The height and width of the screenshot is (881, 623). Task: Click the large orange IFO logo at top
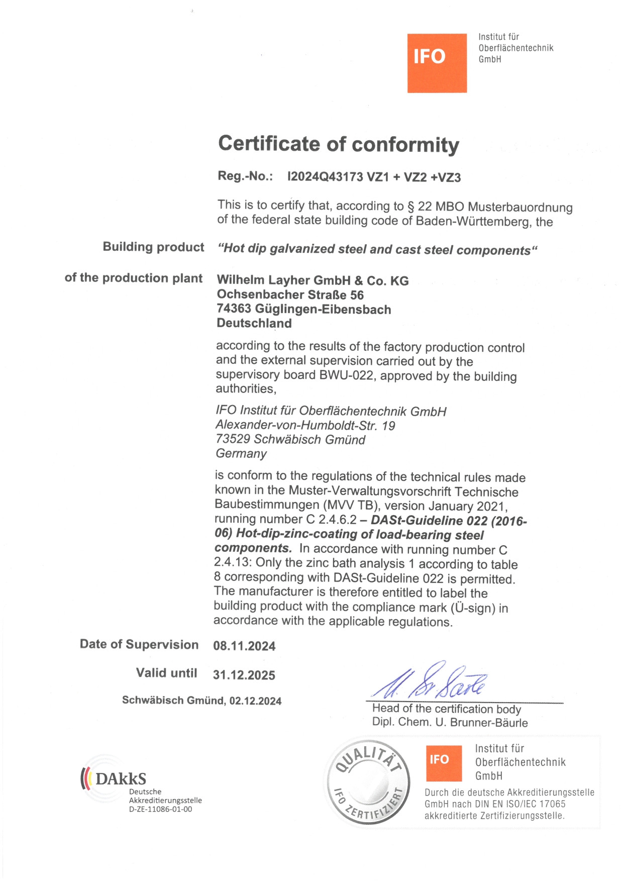click(x=437, y=63)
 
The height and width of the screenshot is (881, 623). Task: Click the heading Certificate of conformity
click(x=339, y=144)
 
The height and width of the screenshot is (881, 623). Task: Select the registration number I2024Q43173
click(x=325, y=177)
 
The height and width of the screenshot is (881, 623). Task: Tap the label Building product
click(x=153, y=247)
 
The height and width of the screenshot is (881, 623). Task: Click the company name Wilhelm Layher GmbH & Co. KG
click(x=313, y=280)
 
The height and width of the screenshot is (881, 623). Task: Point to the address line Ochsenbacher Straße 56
click(x=290, y=295)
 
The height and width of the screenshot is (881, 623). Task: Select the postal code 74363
click(x=234, y=309)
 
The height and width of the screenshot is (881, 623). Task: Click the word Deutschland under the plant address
click(x=254, y=323)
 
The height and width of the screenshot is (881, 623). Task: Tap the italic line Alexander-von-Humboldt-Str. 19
click(x=305, y=426)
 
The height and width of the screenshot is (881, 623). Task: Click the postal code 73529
click(x=233, y=439)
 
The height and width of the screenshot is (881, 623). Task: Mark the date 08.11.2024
click(x=244, y=646)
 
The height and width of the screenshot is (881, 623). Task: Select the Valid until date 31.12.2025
click(x=244, y=675)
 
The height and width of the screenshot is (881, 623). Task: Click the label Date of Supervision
click(x=139, y=645)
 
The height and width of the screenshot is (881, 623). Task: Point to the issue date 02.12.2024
click(x=255, y=701)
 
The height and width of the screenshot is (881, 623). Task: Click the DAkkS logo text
click(x=120, y=779)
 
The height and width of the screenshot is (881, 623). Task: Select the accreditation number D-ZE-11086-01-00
click(x=160, y=810)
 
